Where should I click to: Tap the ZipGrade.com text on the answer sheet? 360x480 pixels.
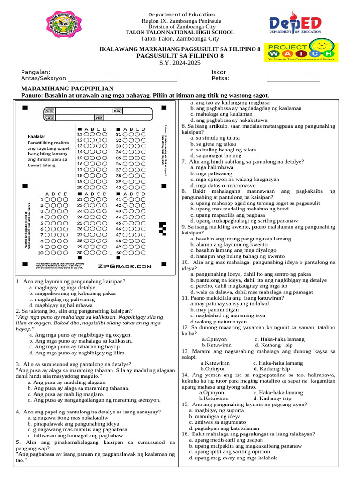point(125,266)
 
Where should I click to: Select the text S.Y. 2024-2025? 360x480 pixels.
point(180,63)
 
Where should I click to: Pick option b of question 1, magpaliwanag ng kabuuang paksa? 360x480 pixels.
point(72,293)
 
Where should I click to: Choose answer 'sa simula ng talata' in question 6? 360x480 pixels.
point(215,138)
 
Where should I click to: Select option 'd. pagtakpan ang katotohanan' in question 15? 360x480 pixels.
point(217,428)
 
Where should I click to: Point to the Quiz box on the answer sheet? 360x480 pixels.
point(99,117)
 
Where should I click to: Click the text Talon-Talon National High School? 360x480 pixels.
point(180,32)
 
